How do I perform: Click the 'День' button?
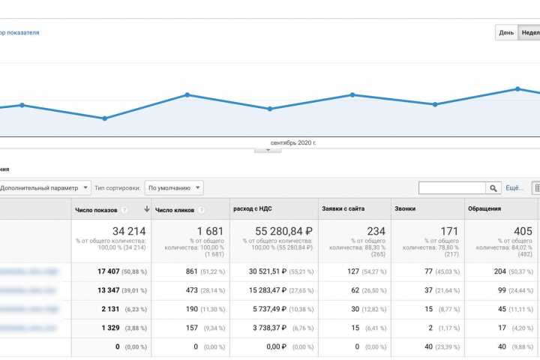point(506,33)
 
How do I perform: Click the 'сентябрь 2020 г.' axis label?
point(293,142)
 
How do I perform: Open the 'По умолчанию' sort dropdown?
point(174,188)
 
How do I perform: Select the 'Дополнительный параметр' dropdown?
point(45,188)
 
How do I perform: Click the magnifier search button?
point(493,188)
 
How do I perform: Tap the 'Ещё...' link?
point(514,188)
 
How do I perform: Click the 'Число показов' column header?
point(96,210)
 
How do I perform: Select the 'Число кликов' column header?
point(175,210)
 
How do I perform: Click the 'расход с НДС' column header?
point(253,210)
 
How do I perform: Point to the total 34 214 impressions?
point(128,232)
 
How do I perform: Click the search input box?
point(452,188)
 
